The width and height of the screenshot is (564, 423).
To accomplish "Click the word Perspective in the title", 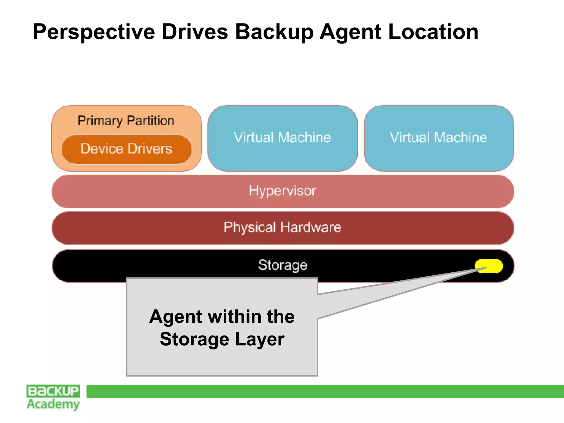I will point(94,32).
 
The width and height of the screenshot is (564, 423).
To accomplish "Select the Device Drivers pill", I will point(126,149).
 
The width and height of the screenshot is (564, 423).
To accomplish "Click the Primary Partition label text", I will point(126,121).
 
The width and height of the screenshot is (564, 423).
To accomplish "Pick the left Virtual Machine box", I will point(283,138).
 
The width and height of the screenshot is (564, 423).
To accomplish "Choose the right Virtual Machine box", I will point(438,138).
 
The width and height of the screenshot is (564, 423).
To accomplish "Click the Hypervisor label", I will point(283,191).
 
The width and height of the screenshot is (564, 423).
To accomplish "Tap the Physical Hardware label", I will point(283,227).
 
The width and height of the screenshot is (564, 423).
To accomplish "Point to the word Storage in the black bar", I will point(283,265).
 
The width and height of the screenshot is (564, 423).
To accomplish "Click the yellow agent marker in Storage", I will point(489,266).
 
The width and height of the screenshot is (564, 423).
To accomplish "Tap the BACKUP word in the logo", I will point(53,391).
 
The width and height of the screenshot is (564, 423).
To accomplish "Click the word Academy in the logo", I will point(53,404).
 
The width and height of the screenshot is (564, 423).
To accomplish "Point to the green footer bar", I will point(325,391).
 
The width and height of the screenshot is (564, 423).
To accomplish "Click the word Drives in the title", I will point(195,32).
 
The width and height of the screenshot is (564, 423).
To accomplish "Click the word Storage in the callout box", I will point(194,339).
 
